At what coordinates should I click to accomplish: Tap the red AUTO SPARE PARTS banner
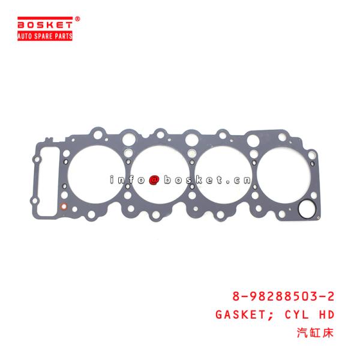tap(46, 36)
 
